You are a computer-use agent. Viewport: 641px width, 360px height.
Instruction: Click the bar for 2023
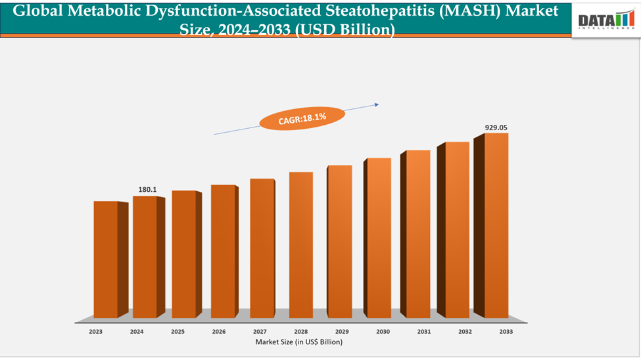click(106, 259)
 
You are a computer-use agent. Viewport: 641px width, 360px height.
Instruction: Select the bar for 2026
click(223, 251)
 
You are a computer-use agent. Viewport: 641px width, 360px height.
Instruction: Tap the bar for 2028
click(300, 244)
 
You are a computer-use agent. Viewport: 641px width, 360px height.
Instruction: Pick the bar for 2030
click(379, 238)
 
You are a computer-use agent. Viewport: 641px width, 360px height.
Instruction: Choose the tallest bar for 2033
click(496, 225)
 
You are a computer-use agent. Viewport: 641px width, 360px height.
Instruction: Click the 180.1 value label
click(147, 190)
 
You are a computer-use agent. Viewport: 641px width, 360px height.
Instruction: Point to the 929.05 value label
click(496, 127)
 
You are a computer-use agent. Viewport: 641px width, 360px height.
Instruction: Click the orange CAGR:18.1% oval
click(302, 119)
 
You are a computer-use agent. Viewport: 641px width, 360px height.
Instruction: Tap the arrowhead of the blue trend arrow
click(377, 104)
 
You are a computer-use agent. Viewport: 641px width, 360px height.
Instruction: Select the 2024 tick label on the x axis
click(137, 332)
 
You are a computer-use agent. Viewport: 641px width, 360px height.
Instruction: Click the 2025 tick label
click(178, 332)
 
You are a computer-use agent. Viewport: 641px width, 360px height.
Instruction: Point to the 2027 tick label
click(260, 332)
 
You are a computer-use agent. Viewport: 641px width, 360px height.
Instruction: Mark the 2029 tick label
click(341, 332)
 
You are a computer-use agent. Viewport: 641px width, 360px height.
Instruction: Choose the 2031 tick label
click(423, 332)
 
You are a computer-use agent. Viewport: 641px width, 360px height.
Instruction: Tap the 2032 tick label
click(464, 332)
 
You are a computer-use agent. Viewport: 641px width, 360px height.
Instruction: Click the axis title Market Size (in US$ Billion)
click(299, 342)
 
